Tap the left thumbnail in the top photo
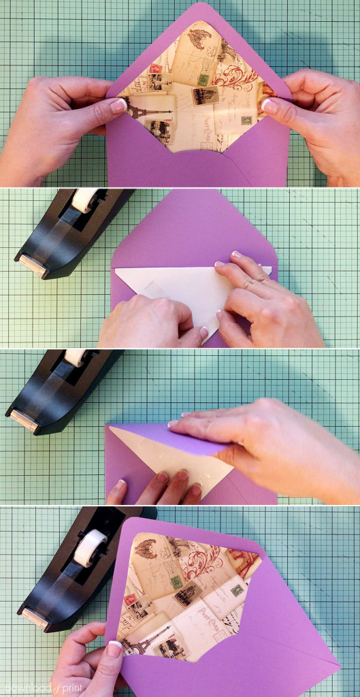pyautogui.click(x=118, y=106)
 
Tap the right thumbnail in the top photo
pyautogui.click(x=269, y=106)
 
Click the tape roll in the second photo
pyautogui.click(x=85, y=199)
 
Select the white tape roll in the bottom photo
pyautogui.click(x=89, y=547)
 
